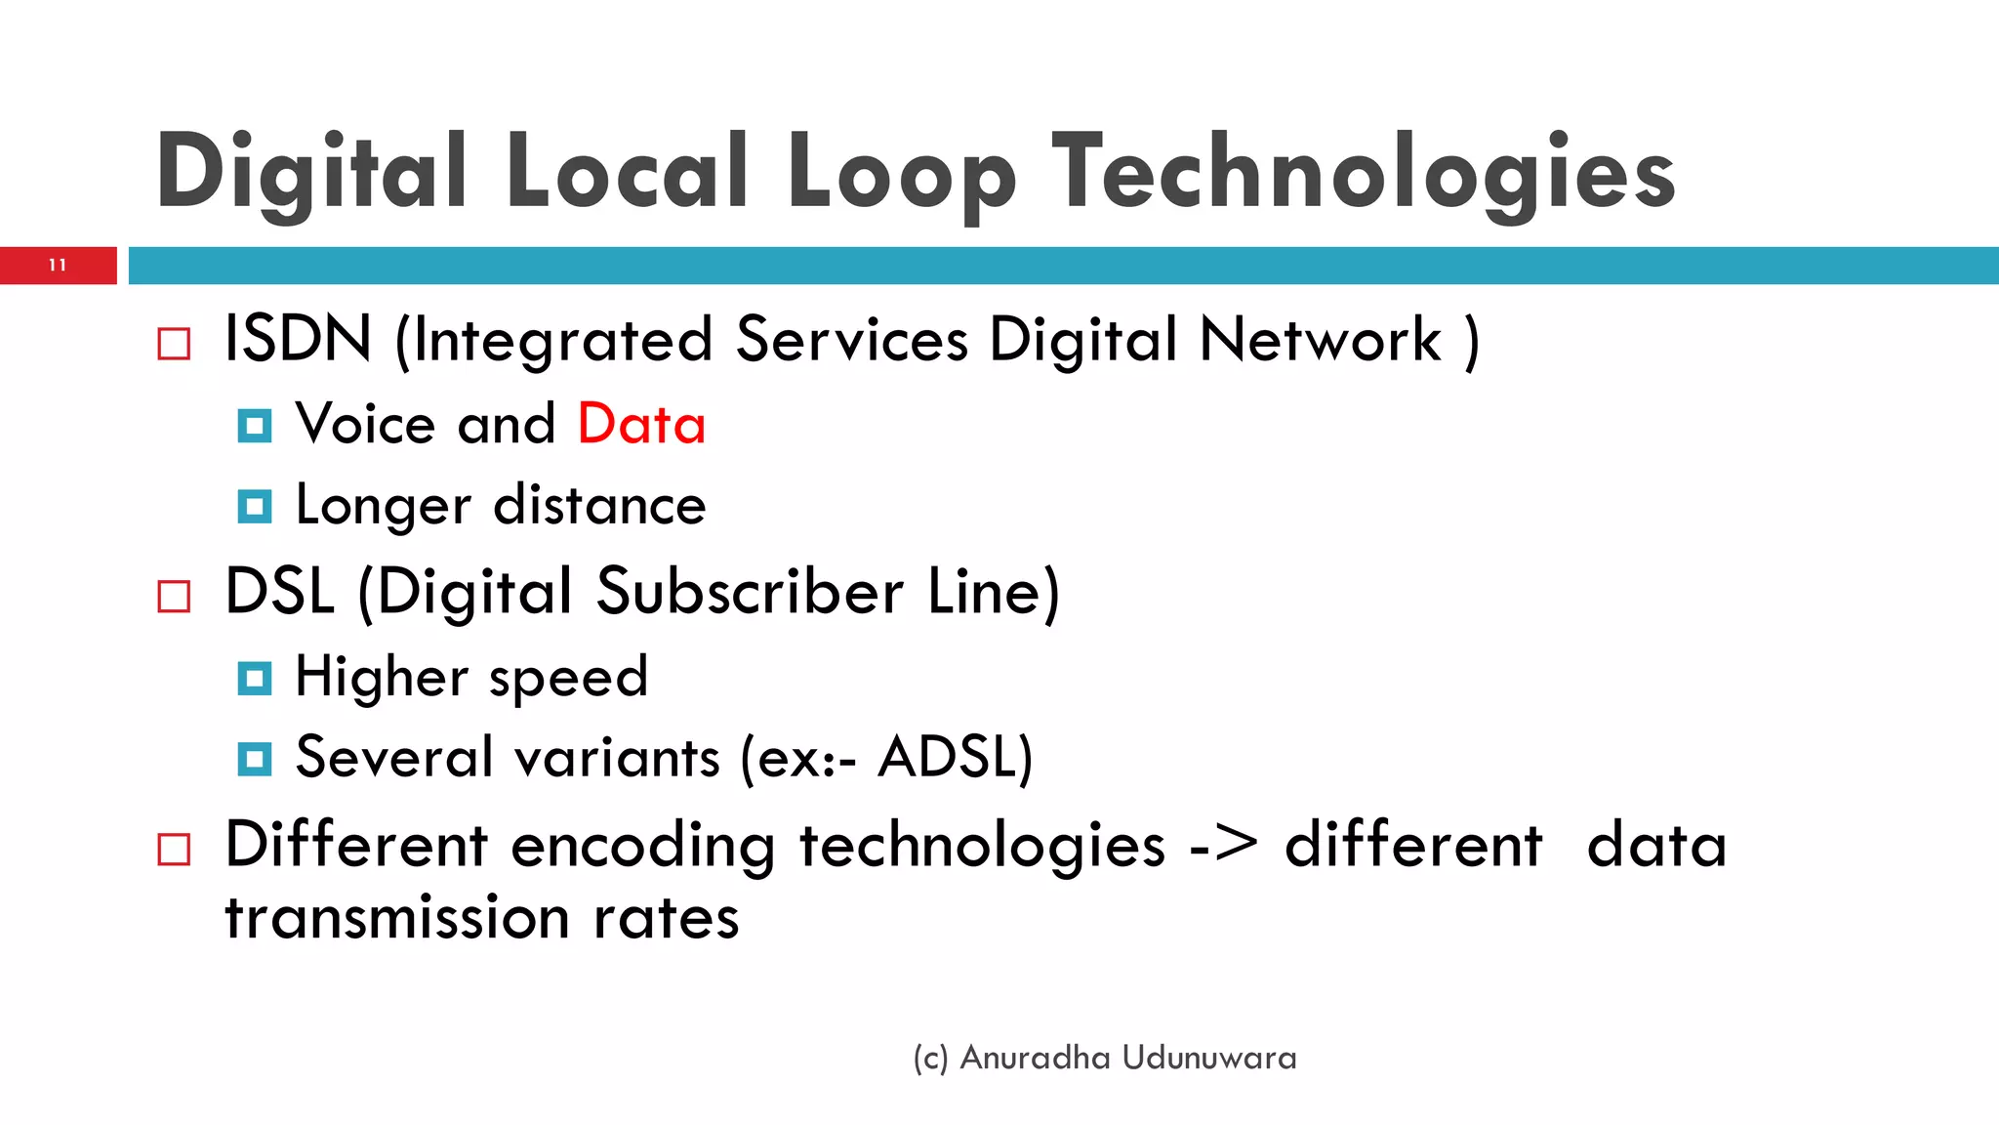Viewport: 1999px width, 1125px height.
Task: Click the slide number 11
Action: [58, 266]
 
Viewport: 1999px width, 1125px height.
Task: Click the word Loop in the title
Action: [901, 173]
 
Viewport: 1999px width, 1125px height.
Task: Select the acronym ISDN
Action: [298, 339]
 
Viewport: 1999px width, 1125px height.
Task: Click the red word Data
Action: [641, 425]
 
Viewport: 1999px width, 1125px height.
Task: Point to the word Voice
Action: [365, 425]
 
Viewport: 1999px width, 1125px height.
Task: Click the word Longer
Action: [384, 506]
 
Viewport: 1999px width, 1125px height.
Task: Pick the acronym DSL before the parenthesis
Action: [280, 592]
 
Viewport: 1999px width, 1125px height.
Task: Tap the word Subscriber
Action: [750, 592]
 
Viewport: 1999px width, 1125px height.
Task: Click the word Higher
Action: [382, 677]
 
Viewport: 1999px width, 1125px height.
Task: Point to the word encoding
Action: [642, 846]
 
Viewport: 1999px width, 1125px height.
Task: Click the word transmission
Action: [397, 918]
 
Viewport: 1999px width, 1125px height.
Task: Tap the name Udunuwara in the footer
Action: [1209, 1058]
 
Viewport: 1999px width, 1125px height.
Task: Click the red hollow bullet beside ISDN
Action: [174, 344]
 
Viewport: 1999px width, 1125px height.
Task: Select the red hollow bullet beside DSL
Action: [174, 596]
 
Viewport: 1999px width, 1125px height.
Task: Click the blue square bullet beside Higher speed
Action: [255, 678]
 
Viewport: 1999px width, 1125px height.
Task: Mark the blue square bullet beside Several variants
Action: [255, 759]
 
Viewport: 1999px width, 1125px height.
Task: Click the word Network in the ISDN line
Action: [1320, 339]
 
